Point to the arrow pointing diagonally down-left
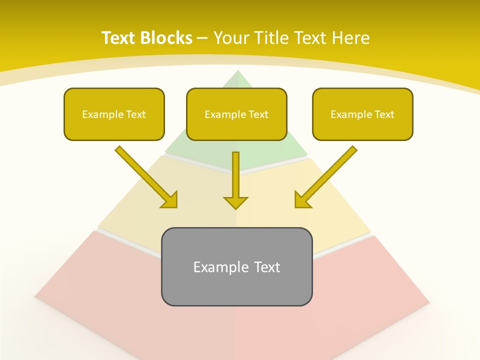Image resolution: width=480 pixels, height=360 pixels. (327, 175)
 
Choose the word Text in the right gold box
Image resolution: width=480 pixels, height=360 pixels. (384, 114)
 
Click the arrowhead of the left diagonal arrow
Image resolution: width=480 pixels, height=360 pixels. (170, 200)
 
